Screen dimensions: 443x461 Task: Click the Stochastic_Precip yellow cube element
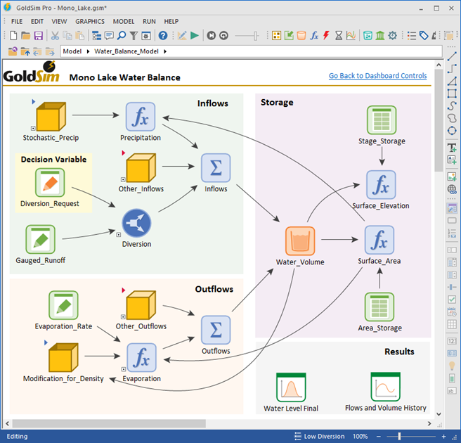point(51,117)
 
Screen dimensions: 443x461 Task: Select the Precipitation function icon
point(140,117)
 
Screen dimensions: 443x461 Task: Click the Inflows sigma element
point(216,168)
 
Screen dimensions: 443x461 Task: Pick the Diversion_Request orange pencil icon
point(49,183)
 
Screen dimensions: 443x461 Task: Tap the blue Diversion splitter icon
point(136,224)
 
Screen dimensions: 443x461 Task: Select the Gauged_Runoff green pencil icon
point(40,239)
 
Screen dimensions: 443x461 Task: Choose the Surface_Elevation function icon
point(380,186)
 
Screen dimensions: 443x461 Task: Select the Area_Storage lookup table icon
point(379,307)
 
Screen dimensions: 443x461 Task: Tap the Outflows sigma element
point(216,330)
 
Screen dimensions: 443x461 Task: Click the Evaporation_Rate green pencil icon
point(63,306)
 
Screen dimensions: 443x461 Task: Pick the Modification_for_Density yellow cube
point(63,358)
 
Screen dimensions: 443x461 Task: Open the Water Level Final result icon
point(290,387)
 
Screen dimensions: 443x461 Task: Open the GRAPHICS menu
point(90,21)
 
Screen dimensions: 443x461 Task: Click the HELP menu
point(171,21)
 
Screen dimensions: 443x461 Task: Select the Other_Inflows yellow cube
point(140,169)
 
